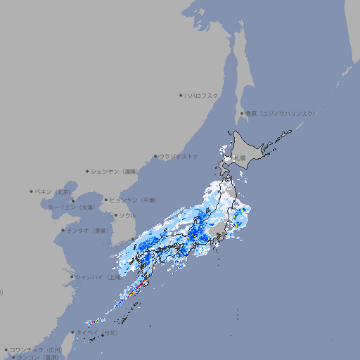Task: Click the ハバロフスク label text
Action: coord(202,95)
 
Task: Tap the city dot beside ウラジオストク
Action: coord(155,156)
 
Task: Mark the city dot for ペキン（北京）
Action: coord(32,191)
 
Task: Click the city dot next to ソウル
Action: coord(115,216)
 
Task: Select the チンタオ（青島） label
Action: coord(89,230)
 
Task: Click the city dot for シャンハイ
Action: coord(72,277)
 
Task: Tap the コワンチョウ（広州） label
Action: coord(35,349)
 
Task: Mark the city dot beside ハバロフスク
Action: coord(181,95)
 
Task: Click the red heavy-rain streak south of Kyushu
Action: coord(141,283)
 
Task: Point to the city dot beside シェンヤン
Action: coord(87,171)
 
